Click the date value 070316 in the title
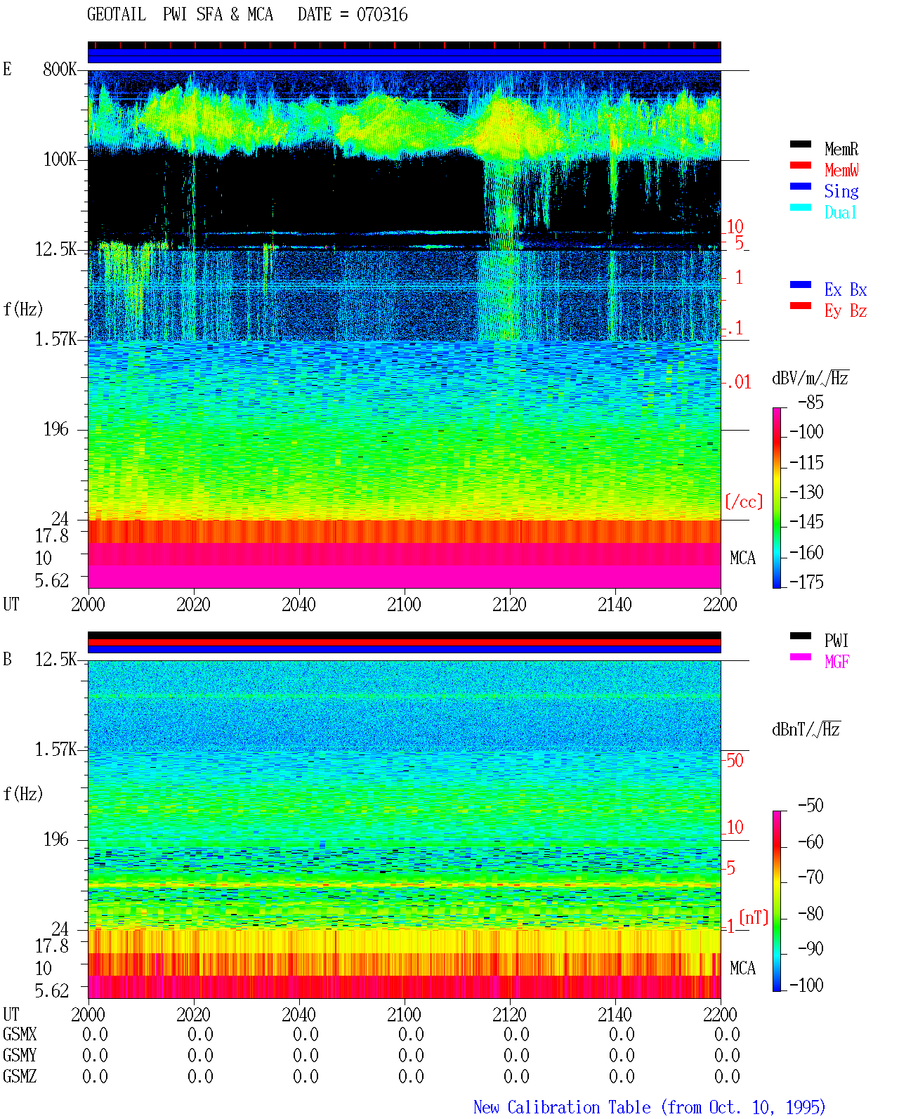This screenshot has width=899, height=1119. tap(381, 14)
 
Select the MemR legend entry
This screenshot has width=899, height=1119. tap(841, 149)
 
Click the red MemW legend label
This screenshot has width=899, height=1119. tap(841, 170)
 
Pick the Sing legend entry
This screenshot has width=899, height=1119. tap(841, 191)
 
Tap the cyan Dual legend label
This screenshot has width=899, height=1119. tap(840, 212)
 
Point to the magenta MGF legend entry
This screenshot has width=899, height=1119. tap(836, 662)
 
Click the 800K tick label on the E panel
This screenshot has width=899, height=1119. tap(60, 69)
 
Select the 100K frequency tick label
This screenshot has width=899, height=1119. tap(60, 159)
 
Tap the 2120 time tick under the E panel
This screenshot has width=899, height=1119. tap(510, 604)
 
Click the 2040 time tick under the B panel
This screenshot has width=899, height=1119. tap(299, 1014)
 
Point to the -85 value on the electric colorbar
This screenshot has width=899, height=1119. tap(811, 402)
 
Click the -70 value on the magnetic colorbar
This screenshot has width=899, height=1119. tap(811, 877)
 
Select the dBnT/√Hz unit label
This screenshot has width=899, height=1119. tap(806, 730)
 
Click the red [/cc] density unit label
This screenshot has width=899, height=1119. tap(744, 502)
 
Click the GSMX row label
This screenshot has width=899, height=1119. tap(20, 1034)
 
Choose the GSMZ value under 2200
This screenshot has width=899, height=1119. tap(727, 1076)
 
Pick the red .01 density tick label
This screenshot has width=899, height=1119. tap(739, 383)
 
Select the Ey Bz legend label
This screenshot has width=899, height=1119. tap(846, 310)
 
